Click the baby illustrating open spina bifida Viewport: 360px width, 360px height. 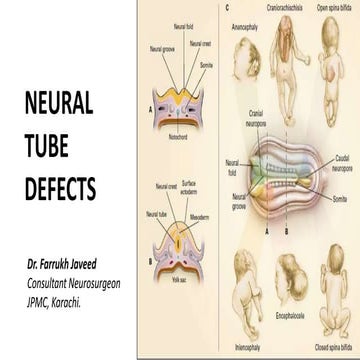point(334,55)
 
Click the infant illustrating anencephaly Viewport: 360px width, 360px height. point(240,70)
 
